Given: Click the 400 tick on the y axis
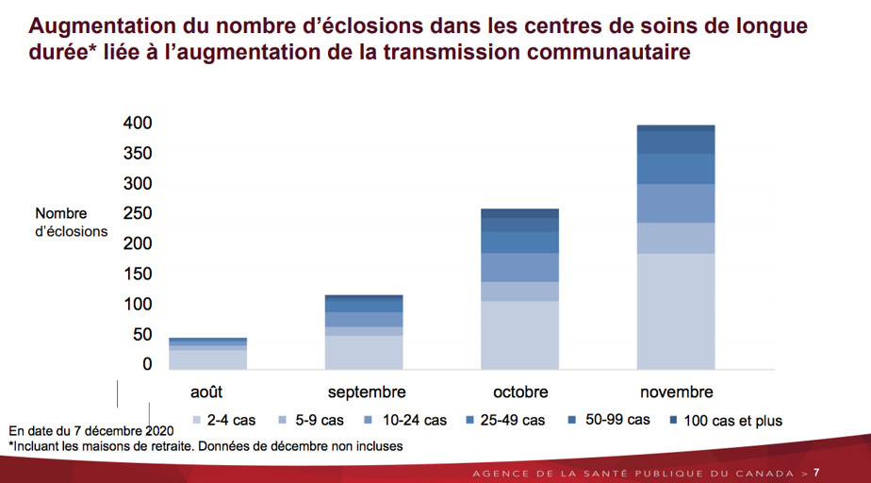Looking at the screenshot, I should [x=137, y=124].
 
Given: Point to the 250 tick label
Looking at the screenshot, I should [x=137, y=214].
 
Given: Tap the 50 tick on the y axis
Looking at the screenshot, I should [x=140, y=335].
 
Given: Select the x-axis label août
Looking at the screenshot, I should [x=206, y=391].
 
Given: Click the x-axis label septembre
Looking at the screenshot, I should [x=367, y=391].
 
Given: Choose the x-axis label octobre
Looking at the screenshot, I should [x=519, y=391].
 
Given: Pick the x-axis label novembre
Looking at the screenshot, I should [x=676, y=391].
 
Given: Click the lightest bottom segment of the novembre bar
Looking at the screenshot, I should [x=676, y=310].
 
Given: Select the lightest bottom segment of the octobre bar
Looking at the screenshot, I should [x=519, y=334].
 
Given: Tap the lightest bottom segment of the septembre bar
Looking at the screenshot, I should [x=364, y=351].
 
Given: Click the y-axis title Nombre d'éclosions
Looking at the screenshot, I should [x=71, y=223].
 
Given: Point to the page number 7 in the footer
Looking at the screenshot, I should [x=816, y=472].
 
